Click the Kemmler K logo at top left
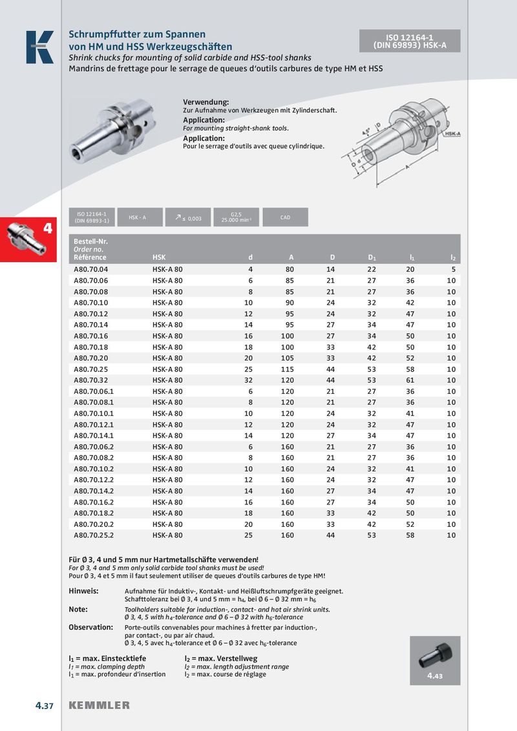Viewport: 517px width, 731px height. pyautogui.click(x=39, y=47)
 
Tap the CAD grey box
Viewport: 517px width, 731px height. pyautogui.click(x=285, y=218)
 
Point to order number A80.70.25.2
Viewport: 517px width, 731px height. pyautogui.click(x=93, y=535)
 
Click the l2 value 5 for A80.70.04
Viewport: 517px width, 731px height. pyautogui.click(x=453, y=269)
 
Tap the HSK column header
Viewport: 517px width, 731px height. pyautogui.click(x=159, y=258)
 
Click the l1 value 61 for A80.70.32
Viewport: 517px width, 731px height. pyautogui.click(x=410, y=380)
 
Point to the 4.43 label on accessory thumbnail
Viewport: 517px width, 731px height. pyautogui.click(x=434, y=677)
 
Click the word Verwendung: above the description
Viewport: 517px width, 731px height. pyautogui.click(x=206, y=103)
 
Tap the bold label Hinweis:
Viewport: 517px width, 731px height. pyautogui.click(x=83, y=591)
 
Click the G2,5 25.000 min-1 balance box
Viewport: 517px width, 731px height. pyautogui.click(x=236, y=218)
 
